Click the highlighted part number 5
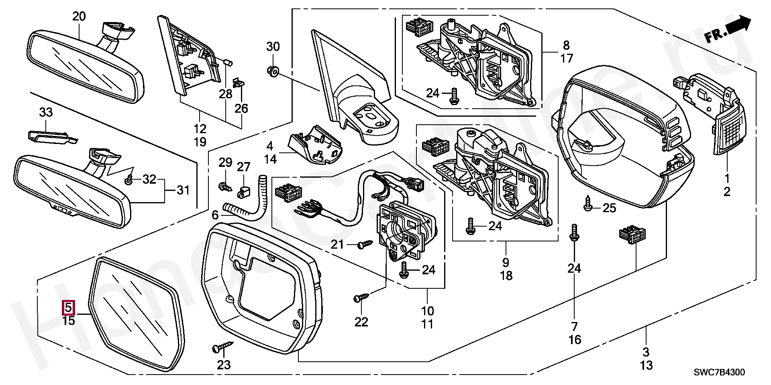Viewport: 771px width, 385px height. click(68, 308)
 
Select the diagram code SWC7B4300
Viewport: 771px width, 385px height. click(720, 373)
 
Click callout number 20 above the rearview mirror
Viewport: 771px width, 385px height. click(79, 17)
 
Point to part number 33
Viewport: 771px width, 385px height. click(46, 112)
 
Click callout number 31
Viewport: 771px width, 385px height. click(183, 190)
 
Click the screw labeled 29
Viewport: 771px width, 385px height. click(224, 186)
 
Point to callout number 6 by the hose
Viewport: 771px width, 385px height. click(215, 215)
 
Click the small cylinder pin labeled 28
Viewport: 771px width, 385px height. click(228, 63)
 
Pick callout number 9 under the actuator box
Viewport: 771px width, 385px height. click(506, 262)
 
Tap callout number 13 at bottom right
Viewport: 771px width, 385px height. click(646, 365)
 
